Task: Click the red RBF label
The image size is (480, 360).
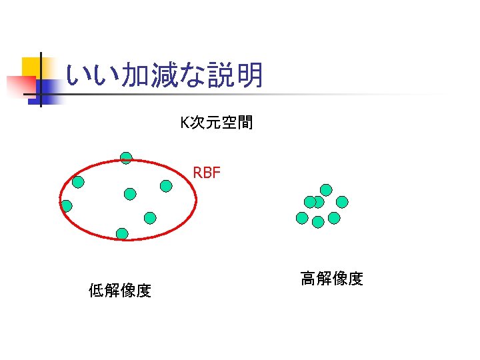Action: tap(206, 174)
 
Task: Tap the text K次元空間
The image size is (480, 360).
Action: tap(216, 123)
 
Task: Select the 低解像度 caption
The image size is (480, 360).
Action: tap(120, 290)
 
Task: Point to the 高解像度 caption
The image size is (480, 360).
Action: tap(331, 279)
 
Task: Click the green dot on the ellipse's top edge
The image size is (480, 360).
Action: tap(126, 158)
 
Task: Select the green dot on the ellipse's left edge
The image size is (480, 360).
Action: tap(66, 206)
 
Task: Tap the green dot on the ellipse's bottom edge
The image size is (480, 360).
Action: tap(122, 233)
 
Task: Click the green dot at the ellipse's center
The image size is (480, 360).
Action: tap(130, 194)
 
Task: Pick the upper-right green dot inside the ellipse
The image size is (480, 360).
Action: tap(166, 186)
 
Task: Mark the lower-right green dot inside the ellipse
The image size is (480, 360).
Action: tap(150, 217)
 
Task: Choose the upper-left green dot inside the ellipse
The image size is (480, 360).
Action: tap(78, 181)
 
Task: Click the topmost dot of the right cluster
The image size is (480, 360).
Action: tap(326, 189)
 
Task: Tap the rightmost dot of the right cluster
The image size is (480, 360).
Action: tap(342, 201)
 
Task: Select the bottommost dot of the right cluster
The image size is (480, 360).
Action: tap(318, 221)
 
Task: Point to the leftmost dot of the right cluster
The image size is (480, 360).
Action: tap(302, 217)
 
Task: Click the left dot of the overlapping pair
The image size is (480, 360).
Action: tap(309, 201)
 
